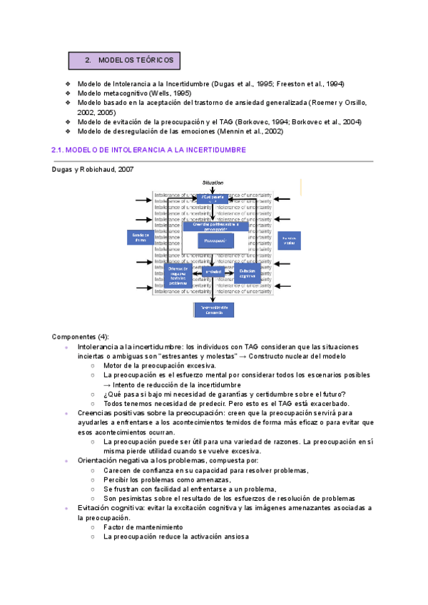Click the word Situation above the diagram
[213, 183]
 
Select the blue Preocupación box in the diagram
[215, 240]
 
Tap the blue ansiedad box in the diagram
[214, 272]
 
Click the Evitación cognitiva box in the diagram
[248, 273]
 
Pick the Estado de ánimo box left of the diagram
[141, 237]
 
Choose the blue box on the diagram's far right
[289, 240]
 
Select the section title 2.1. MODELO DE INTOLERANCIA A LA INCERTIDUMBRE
[149, 150]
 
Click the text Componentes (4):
[79, 336]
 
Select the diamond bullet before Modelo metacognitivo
[68, 93]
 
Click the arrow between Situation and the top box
[213, 190]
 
